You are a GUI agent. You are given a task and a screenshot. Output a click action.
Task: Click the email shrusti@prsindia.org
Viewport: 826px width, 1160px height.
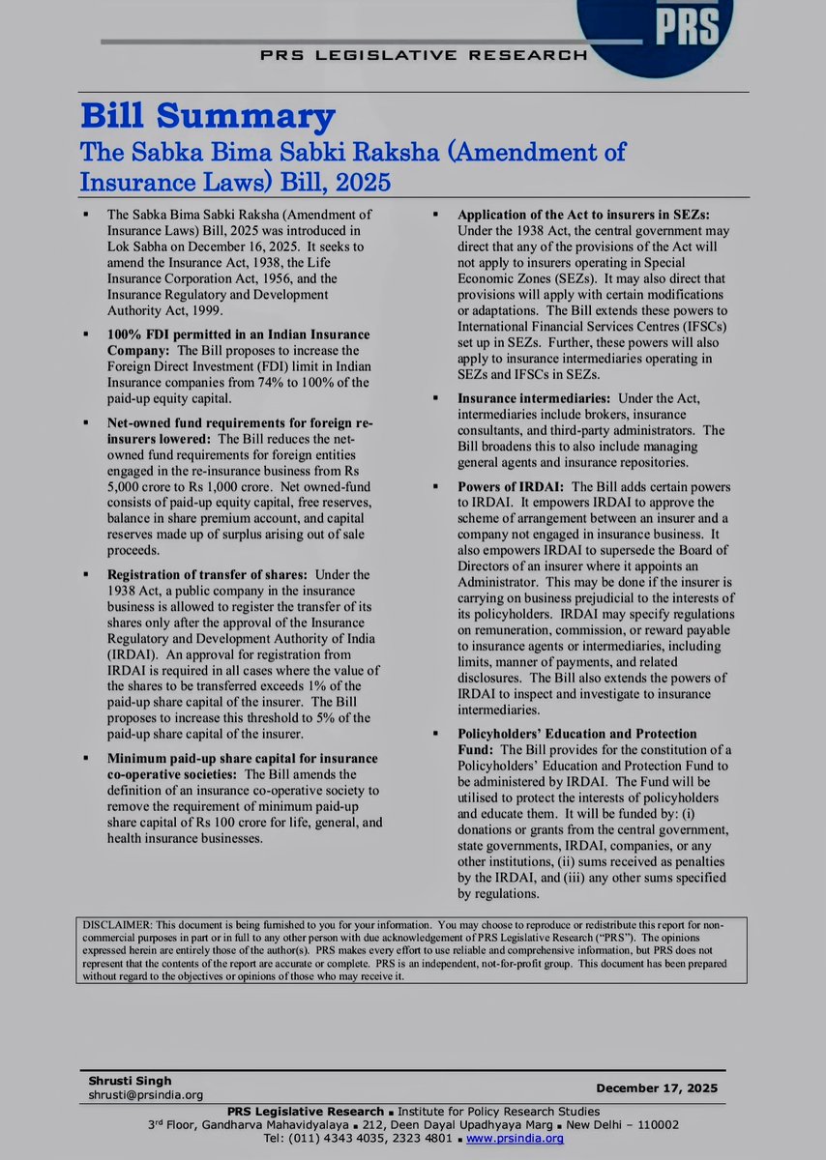(141, 1094)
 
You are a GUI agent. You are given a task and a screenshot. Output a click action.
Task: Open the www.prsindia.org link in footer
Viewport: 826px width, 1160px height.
(515, 1139)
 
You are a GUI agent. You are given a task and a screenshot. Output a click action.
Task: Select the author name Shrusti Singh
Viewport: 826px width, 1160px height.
(121, 1080)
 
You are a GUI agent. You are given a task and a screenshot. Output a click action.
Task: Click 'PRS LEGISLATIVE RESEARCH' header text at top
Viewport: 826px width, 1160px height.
(422, 55)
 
